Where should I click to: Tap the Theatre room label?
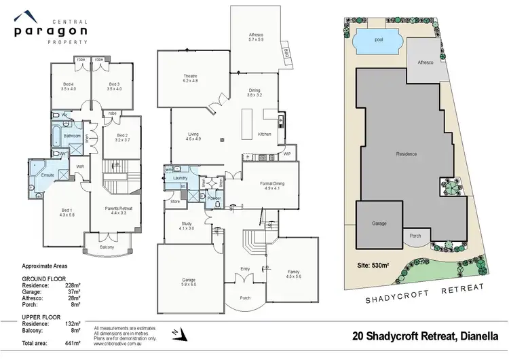click(x=189, y=78)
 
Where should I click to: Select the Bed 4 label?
click(x=66, y=86)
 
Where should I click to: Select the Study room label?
click(x=187, y=226)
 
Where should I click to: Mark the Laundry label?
click(x=180, y=178)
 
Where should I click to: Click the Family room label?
click(x=293, y=254)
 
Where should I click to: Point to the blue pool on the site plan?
click(x=378, y=39)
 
